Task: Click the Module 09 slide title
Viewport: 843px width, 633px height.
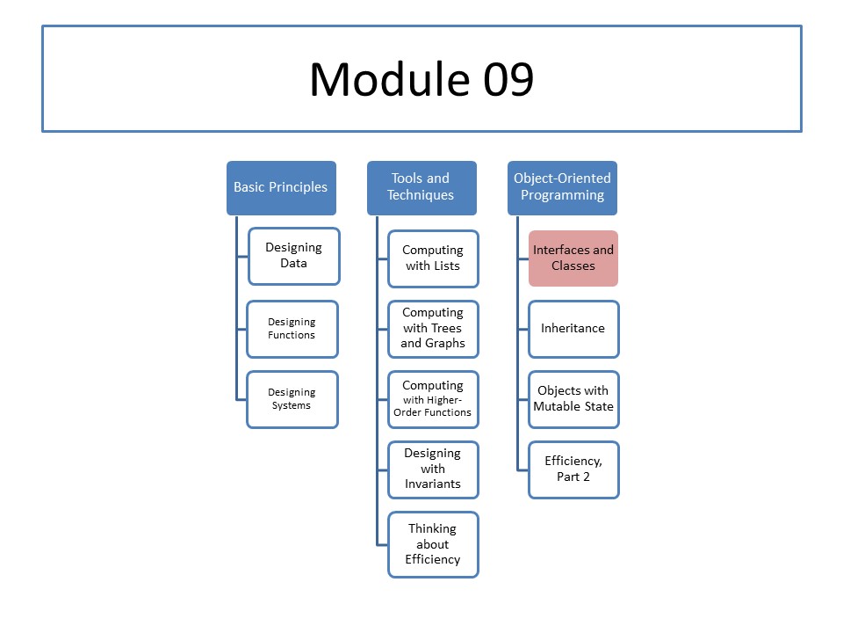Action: [x=421, y=79]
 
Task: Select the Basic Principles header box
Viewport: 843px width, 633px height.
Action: [x=281, y=188]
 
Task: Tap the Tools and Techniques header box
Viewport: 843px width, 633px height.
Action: [x=421, y=188]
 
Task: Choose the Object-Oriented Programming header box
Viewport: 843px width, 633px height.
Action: [x=562, y=188]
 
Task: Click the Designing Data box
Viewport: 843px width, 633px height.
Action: [x=293, y=256]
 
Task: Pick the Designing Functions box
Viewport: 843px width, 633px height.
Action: [x=292, y=329]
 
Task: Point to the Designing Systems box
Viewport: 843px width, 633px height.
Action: [x=292, y=399]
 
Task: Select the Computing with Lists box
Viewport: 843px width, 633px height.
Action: [x=433, y=258]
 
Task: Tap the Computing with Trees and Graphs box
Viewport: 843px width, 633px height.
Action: [x=433, y=329]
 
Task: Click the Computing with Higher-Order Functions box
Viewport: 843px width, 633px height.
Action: [x=433, y=399]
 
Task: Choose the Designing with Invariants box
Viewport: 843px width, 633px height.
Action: [x=433, y=469]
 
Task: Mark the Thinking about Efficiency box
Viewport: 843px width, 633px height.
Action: [x=433, y=544]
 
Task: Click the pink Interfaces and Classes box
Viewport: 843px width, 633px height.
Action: [x=573, y=258]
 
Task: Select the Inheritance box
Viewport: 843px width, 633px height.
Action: [x=573, y=329]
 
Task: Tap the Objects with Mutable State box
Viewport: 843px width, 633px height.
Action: [x=573, y=399]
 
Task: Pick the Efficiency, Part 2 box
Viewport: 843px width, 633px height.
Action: [x=573, y=469]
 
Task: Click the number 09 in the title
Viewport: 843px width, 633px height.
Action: [x=508, y=79]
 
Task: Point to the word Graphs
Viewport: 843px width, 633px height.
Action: [x=444, y=344]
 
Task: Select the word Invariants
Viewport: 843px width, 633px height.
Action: [x=433, y=484]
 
